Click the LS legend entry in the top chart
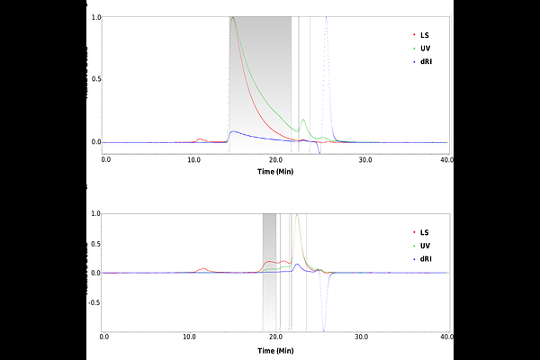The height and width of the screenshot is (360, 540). click(421, 35)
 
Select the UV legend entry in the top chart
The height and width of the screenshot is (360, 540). click(421, 49)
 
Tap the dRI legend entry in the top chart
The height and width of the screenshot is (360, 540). click(422, 62)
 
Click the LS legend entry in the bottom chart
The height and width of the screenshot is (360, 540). click(421, 232)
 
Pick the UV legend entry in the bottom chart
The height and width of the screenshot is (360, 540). click(421, 246)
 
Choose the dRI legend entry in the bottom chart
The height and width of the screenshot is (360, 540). click(422, 259)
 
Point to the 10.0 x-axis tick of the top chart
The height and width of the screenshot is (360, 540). click(193, 160)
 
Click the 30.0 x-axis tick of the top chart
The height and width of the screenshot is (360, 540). click(365, 160)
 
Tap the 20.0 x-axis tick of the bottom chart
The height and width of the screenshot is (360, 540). click(276, 337)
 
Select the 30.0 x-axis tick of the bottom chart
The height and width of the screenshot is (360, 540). click(361, 337)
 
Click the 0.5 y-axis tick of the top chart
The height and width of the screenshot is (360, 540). click(96, 79)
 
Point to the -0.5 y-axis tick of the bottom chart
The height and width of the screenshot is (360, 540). click(94, 302)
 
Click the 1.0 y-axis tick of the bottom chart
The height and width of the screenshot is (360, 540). click(96, 213)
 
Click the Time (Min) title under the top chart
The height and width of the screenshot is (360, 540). click(275, 172)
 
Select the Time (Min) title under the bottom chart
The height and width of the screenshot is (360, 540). click(275, 351)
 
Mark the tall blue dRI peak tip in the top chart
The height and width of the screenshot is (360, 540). click(326, 17)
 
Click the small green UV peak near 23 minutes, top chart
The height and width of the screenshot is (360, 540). click(303, 120)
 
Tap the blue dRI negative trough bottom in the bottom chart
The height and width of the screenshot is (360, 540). click(324, 331)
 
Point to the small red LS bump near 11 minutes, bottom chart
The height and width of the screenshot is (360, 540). click(204, 268)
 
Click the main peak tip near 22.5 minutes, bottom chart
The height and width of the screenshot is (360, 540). click(297, 214)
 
